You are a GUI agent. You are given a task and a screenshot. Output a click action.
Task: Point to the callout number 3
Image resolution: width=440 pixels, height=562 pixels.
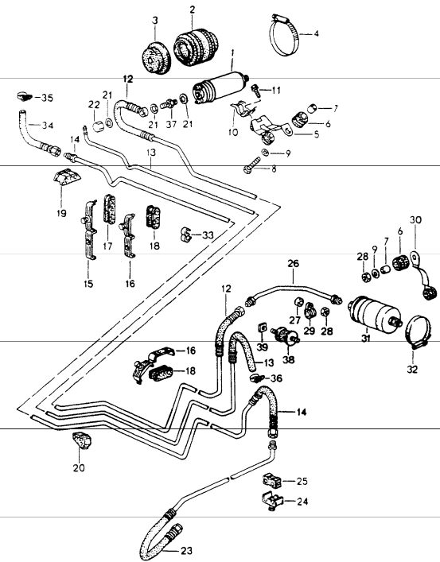click(x=155, y=20)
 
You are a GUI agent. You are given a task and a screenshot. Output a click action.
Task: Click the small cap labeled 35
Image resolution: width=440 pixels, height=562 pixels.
click(x=21, y=98)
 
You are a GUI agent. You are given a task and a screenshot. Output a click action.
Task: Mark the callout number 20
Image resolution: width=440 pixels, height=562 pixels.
click(x=77, y=467)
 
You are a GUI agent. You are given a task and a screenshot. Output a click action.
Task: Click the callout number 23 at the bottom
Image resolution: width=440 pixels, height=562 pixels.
click(x=185, y=550)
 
